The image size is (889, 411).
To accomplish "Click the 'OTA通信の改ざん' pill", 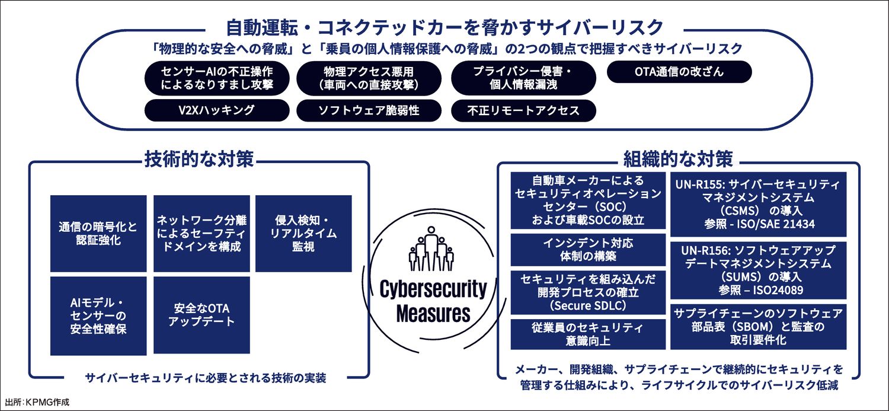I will [x=679, y=72].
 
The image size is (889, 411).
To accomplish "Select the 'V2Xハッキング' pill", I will [x=217, y=110].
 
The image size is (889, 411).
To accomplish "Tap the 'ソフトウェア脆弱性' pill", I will [x=369, y=110].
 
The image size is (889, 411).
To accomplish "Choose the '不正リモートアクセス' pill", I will [x=523, y=110].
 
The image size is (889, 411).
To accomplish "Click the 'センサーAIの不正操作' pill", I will [x=217, y=78].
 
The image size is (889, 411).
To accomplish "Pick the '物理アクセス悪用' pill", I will [x=369, y=78].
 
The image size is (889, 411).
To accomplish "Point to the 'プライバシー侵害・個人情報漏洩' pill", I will [x=523, y=78].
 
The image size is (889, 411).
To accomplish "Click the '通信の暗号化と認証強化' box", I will [x=98, y=233].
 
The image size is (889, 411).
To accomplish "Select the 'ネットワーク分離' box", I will [x=201, y=233].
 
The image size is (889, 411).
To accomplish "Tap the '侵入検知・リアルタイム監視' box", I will [x=303, y=233].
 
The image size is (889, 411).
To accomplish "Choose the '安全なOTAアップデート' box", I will [x=201, y=315].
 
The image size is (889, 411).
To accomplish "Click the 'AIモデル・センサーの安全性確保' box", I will [x=98, y=315].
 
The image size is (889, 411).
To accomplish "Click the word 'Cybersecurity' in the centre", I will [x=433, y=289].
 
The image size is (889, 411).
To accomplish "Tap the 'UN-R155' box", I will [x=758, y=204].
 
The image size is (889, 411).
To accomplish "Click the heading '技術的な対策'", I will [x=199, y=159].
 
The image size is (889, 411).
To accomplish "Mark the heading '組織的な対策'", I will [x=679, y=159].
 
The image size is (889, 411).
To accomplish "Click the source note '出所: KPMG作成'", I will [x=37, y=402].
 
